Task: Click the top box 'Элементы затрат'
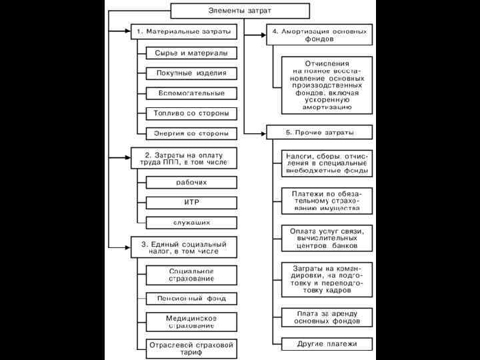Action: [x=240, y=11]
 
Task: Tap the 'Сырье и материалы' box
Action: [x=191, y=53]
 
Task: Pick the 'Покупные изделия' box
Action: [x=191, y=73]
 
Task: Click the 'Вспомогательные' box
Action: [x=191, y=93]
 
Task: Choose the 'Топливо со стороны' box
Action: [x=191, y=113]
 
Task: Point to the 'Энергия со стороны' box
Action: [x=191, y=132]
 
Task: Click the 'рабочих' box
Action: [x=191, y=181]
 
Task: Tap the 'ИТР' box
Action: [x=191, y=201]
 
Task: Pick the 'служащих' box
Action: [x=191, y=221]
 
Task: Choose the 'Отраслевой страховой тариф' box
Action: [x=191, y=349]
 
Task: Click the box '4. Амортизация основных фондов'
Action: [x=319, y=35]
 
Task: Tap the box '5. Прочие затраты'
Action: [x=319, y=131]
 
